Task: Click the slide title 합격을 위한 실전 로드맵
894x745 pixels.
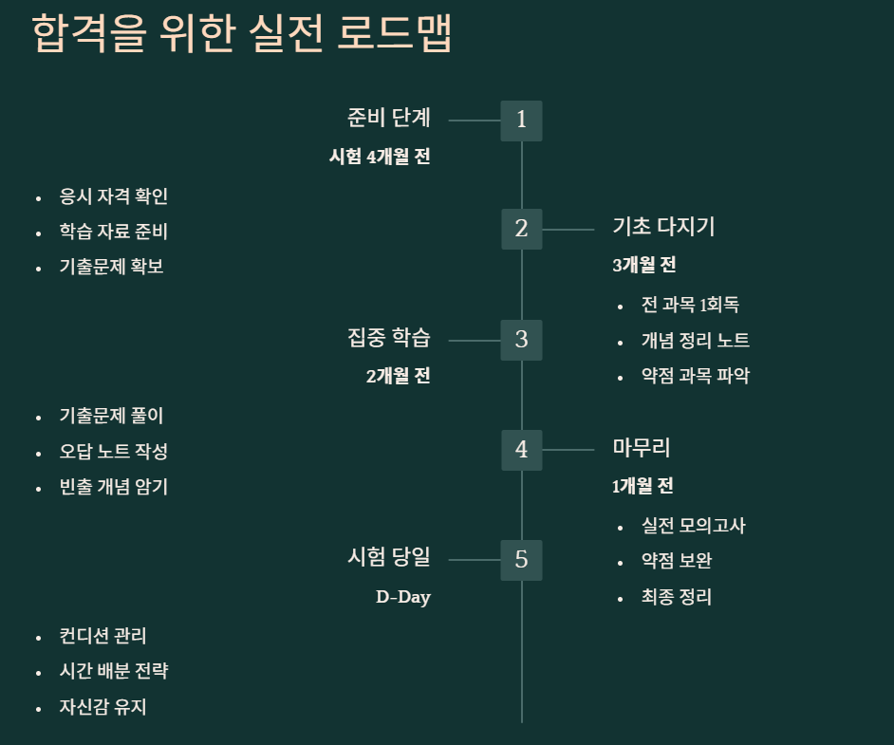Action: tap(241, 35)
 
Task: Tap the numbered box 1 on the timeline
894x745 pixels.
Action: tap(521, 121)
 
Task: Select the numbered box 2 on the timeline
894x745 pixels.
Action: tap(521, 229)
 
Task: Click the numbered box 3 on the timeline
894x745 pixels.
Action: tap(521, 339)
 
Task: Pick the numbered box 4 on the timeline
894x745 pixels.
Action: tap(521, 450)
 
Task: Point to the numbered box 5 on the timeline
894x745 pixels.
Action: tap(521, 560)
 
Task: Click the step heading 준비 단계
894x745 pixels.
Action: tap(389, 118)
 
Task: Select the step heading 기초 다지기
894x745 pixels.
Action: tap(663, 227)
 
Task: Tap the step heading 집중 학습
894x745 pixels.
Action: tap(389, 337)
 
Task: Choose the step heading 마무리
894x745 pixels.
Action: tap(642, 447)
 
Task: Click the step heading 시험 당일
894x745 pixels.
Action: tap(389, 557)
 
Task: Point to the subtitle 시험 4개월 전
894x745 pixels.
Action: tap(380, 157)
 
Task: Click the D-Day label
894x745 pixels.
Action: tap(403, 598)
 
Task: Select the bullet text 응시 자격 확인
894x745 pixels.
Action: tap(114, 196)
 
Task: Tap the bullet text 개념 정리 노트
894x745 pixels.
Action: tap(696, 341)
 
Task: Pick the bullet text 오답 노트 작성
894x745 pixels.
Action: tap(114, 452)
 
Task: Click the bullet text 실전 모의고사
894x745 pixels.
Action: tap(694, 526)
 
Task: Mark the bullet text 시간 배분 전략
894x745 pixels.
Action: tap(114, 671)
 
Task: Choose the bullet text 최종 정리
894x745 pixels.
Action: tap(677, 597)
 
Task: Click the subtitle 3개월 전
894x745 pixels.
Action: tap(644, 266)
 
